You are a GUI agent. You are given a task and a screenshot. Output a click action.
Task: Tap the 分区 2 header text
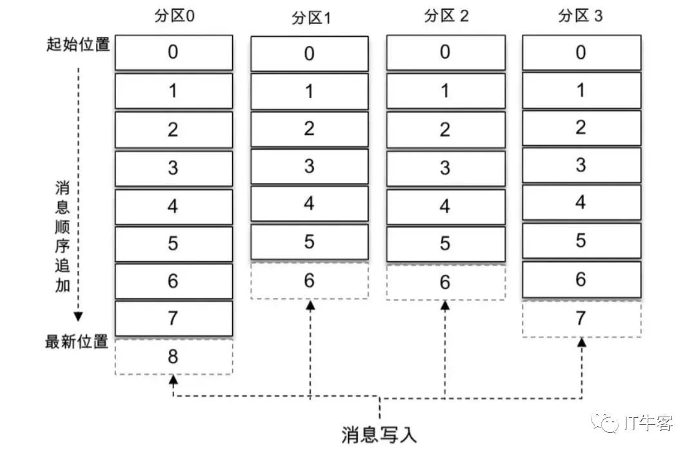pos(445,16)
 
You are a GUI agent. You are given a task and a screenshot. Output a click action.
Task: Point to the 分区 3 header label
pos(581,16)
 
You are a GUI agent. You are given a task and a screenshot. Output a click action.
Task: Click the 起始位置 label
pos(78,44)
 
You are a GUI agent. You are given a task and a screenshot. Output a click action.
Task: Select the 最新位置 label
pos(77,342)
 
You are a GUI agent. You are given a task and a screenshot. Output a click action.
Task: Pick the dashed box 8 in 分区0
pos(173,357)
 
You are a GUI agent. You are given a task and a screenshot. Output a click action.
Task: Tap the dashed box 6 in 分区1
pos(309,281)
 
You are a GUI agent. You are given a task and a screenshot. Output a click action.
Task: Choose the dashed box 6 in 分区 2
pos(445,282)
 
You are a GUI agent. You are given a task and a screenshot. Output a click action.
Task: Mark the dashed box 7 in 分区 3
pos(581,319)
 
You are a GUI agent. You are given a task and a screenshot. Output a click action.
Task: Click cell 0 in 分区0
pos(173,52)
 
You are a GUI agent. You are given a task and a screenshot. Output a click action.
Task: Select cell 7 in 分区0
pos(173,319)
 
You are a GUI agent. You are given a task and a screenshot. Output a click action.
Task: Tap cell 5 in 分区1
pos(309,242)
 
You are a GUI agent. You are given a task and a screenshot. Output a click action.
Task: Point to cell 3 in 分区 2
pos(445,167)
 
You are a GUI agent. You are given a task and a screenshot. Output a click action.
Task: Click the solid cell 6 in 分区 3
pos(581,279)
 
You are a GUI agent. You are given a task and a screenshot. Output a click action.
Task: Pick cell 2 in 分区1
pos(309,129)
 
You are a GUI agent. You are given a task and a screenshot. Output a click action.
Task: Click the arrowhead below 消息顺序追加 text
pos(78,317)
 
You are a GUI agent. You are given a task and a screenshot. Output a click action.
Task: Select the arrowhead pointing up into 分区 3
pos(581,342)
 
